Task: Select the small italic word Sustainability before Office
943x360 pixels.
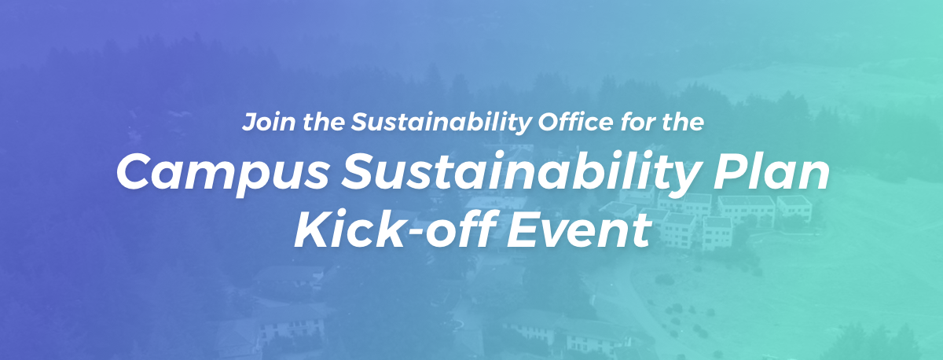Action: [x=442, y=123]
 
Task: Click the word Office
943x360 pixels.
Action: [x=576, y=122]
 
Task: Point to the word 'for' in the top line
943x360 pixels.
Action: [x=637, y=122]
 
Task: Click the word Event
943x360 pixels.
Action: [x=578, y=230]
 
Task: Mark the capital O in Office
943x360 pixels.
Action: [x=549, y=122]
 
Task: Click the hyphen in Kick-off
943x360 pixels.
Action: [x=416, y=233]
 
